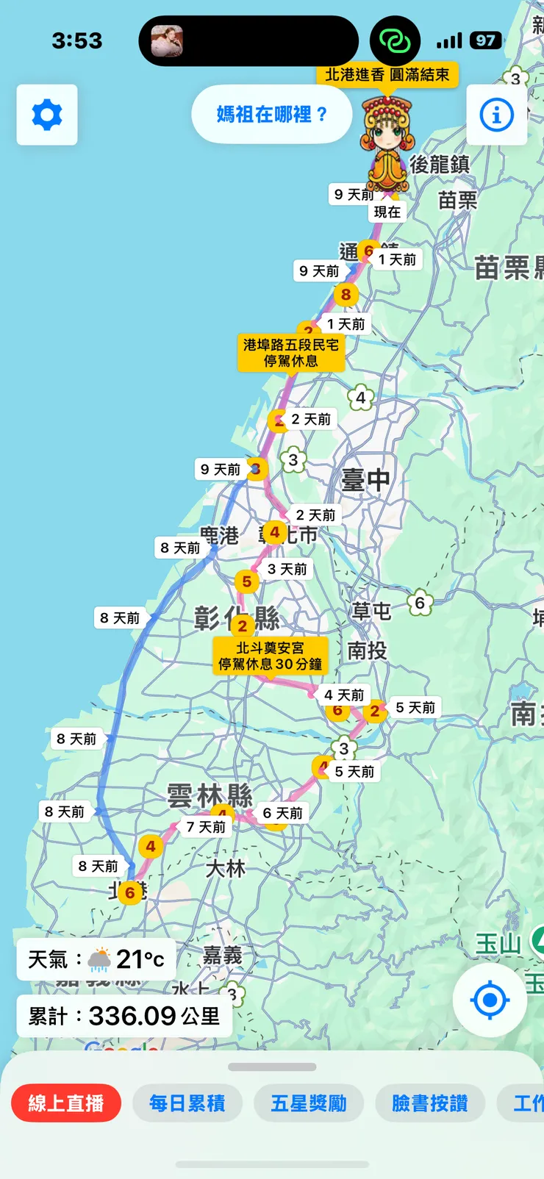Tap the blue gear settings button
point(47,115)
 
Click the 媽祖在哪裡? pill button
point(271,115)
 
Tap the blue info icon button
point(496,115)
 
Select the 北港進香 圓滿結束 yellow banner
point(387,75)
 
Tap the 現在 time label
point(387,212)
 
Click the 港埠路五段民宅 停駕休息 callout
point(291,353)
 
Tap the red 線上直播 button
point(66,1103)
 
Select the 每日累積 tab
point(187,1103)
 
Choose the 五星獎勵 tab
point(309,1103)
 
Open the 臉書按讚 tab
point(430,1103)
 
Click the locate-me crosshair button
point(490,1000)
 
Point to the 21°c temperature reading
point(140,959)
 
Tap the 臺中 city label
point(366,480)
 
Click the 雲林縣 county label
point(210,795)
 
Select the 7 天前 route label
point(206,828)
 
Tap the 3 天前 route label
point(287,569)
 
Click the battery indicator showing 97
point(485,40)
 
